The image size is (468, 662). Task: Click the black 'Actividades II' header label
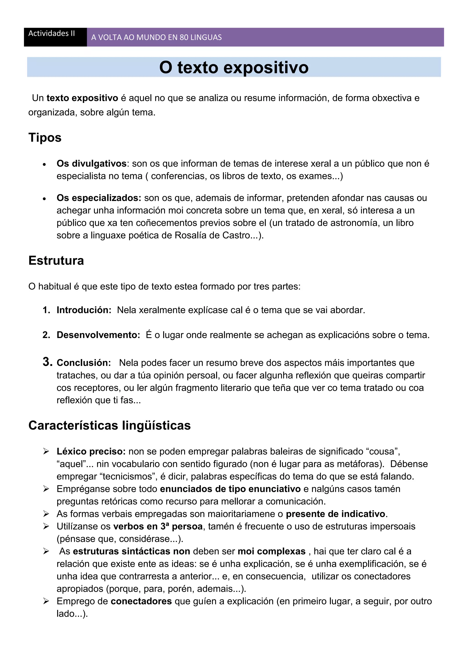52,33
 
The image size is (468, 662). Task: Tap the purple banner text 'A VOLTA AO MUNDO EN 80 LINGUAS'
157,37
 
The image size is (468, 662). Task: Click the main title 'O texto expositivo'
234,67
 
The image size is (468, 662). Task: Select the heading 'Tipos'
45,138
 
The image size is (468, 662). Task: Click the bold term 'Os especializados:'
99,198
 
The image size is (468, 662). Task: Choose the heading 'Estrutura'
56,260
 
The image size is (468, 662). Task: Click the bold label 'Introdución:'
84,310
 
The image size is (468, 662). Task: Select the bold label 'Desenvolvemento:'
98,335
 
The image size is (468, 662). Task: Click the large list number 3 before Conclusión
47,362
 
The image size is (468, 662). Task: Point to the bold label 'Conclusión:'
84,363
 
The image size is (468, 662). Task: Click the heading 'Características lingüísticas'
109,425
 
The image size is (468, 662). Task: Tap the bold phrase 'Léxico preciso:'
91,451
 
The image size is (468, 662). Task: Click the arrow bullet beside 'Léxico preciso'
46,451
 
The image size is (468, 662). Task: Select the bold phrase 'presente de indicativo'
335,514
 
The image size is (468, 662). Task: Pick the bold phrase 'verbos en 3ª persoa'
158,526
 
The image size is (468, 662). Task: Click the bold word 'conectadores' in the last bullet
141,601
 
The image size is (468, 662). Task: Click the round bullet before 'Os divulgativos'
44,164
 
